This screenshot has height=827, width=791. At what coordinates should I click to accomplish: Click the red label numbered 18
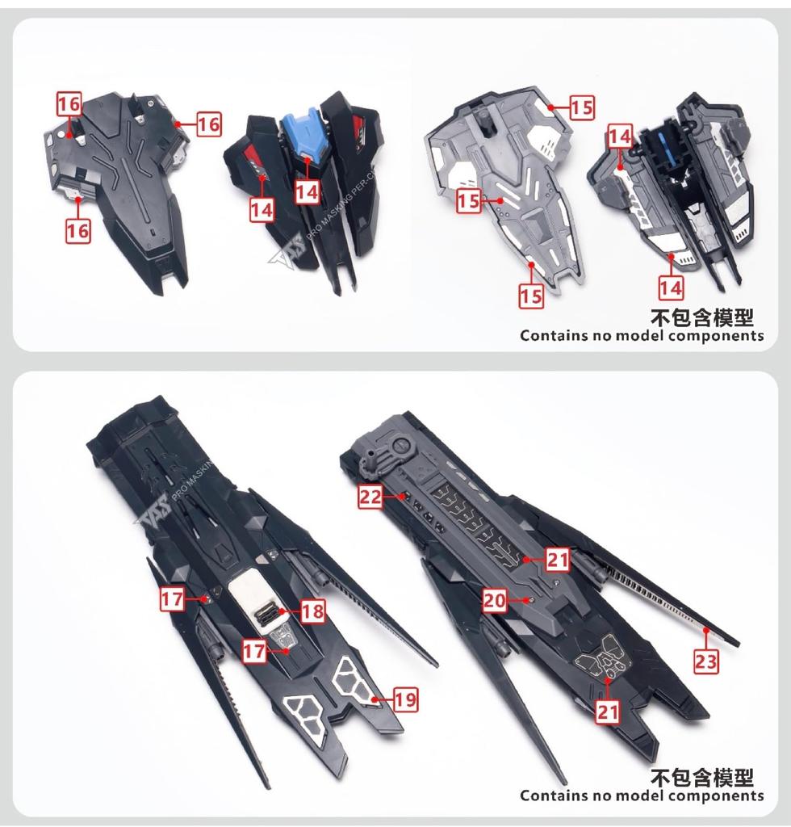point(312,611)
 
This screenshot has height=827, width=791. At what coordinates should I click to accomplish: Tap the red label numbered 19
point(405,700)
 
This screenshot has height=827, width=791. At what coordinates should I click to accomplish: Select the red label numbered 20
point(496,599)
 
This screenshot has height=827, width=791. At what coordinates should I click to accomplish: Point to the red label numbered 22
point(370,497)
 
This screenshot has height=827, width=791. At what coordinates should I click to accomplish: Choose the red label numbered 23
point(705,661)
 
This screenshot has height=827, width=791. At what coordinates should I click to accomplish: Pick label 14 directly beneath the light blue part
point(306,191)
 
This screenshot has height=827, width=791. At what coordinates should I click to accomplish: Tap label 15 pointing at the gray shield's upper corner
point(581,107)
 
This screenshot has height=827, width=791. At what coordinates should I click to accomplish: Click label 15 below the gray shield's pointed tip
point(530,296)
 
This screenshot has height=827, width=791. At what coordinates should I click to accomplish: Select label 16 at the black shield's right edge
point(207,124)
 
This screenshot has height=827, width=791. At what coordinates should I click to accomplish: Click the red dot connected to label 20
point(528,600)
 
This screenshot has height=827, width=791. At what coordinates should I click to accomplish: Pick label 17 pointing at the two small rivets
point(171,599)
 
